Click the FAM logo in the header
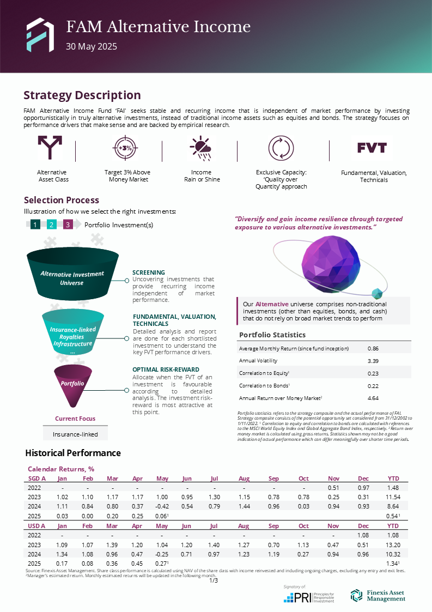40,34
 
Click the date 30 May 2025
92,47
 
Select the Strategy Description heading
82,95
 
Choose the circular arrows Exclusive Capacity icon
281,148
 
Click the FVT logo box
372,148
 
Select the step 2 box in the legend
52,225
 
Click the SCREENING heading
149,272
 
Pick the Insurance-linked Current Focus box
75,434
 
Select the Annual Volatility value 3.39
373,361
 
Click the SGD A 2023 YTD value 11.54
393,498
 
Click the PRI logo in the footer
309,597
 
